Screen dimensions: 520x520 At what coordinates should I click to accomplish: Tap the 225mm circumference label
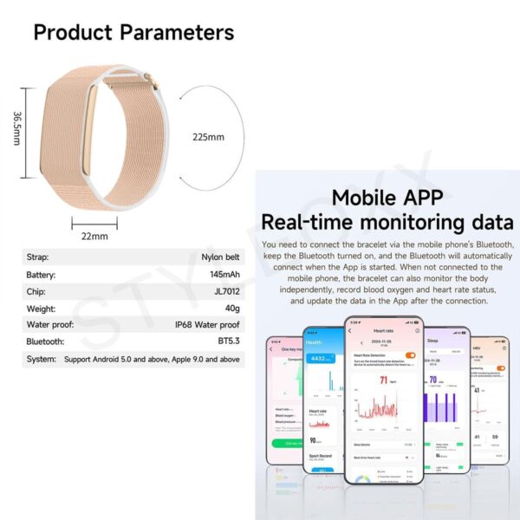point(209,137)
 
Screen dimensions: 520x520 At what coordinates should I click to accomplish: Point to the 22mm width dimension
point(94,236)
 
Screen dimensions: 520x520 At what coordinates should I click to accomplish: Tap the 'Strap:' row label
point(39,257)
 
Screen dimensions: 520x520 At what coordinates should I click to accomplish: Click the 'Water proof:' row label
point(51,325)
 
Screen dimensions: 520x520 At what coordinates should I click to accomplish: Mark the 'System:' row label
point(42,359)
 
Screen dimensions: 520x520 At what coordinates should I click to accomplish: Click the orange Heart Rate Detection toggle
point(410,354)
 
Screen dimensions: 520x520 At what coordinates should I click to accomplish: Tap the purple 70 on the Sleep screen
point(433,380)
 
